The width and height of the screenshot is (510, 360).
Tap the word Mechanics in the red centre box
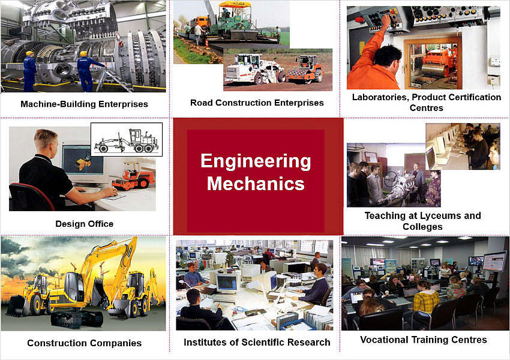coord(256,183)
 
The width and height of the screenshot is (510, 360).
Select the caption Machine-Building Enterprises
coord(84,104)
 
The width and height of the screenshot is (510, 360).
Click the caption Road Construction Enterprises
coord(257,103)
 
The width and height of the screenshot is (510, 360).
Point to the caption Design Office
coord(84,224)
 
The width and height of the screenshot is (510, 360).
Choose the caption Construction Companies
coord(84,343)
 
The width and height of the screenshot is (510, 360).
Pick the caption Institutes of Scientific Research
coord(257,342)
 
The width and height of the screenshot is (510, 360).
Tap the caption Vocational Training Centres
coord(424,340)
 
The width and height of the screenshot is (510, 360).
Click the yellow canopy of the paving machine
coord(235,5)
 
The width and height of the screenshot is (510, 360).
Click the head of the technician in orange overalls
coord(388,59)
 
